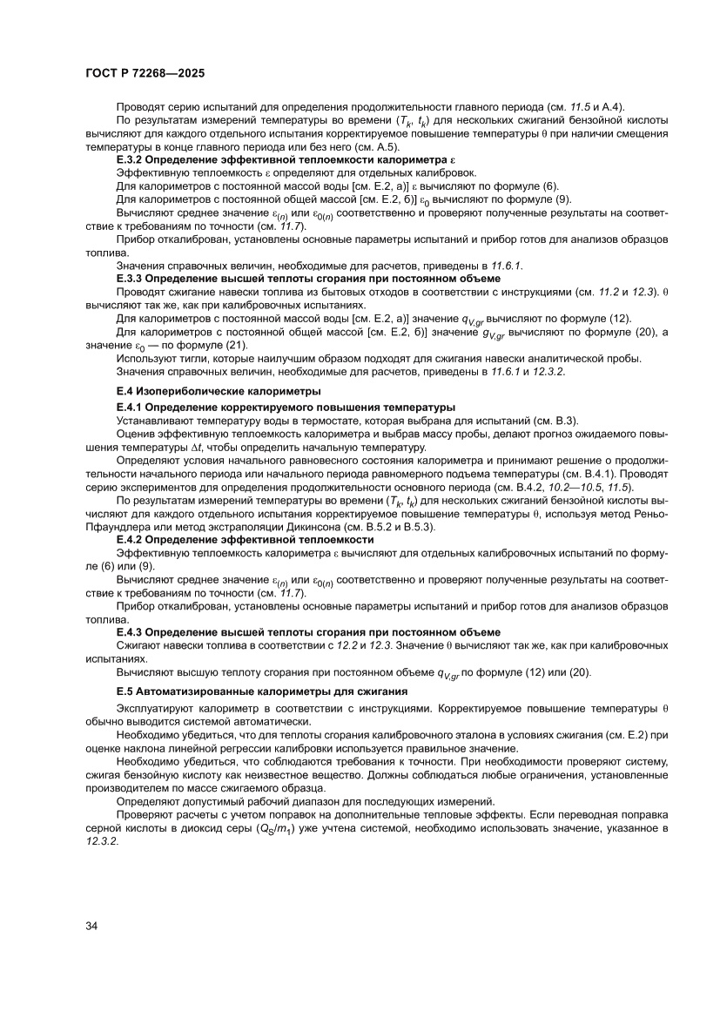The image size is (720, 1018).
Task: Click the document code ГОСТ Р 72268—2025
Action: (145, 74)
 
